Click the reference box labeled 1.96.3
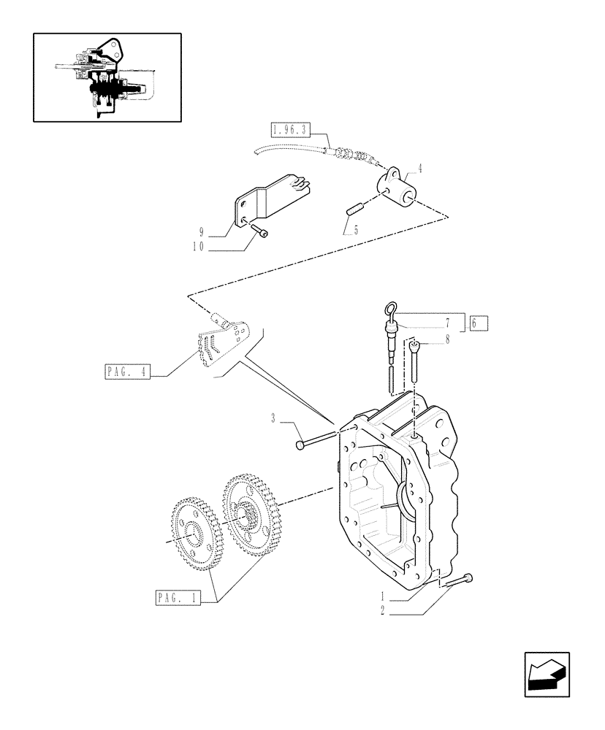[x=290, y=131]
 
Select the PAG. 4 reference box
[x=126, y=372]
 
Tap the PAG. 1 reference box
[x=178, y=599]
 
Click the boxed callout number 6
[x=479, y=323]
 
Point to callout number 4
[x=419, y=169]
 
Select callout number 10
[x=200, y=247]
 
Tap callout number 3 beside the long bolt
[x=273, y=419]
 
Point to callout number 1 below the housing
[x=381, y=596]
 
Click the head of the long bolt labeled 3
[x=300, y=445]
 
